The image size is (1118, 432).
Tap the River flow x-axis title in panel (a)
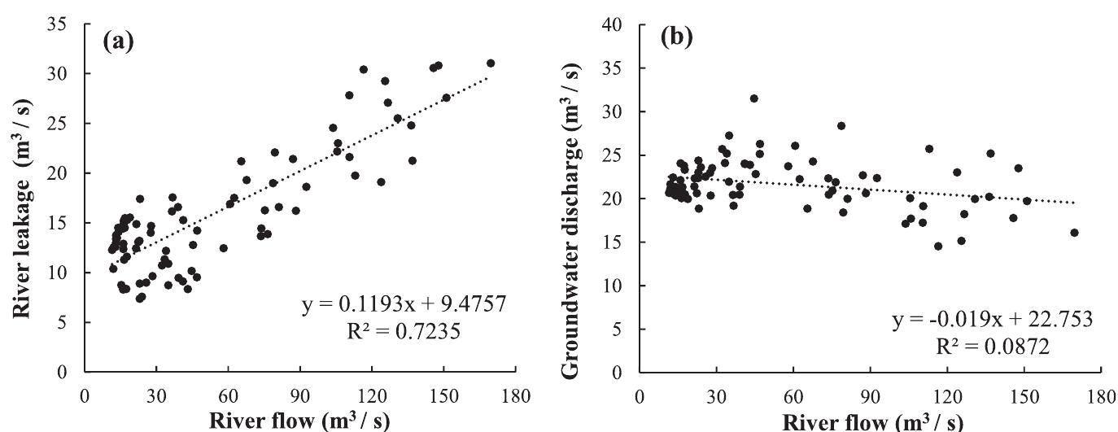pyautogui.click(x=302, y=422)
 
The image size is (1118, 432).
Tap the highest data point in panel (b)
pyautogui.click(x=754, y=98)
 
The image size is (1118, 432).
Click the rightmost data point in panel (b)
pyautogui.click(x=1074, y=233)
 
